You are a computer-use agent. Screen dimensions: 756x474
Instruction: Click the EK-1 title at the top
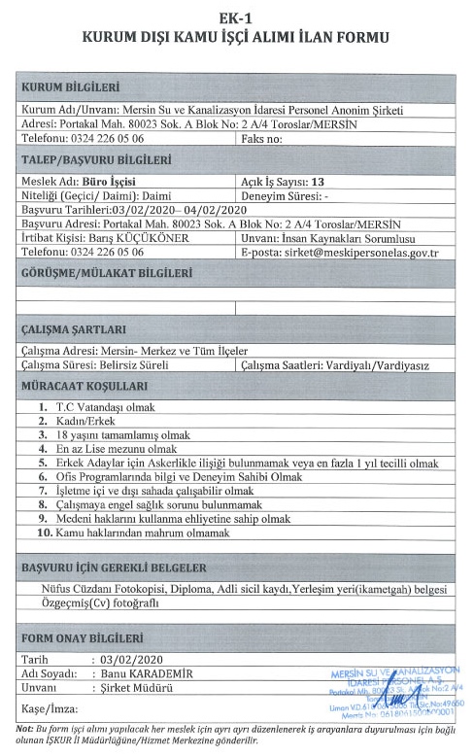(x=237, y=16)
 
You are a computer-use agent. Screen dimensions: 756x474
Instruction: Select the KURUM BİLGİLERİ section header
(x=70, y=89)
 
